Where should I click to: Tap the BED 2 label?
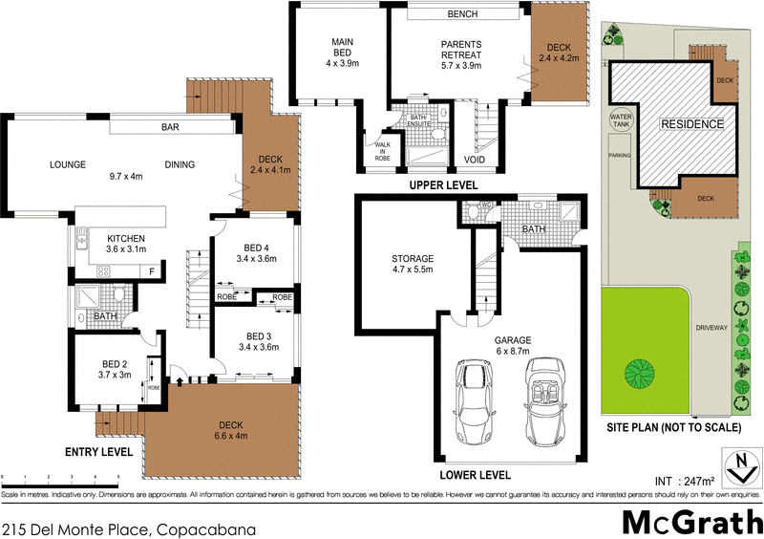click(x=115, y=362)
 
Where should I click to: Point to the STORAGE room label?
click(x=413, y=259)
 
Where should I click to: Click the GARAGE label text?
click(x=513, y=339)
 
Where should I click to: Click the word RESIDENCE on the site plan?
click(x=691, y=125)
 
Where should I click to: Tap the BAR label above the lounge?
click(x=171, y=127)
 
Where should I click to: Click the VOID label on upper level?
click(x=475, y=160)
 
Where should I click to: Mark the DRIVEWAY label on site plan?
click(x=712, y=328)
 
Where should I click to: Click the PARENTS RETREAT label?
click(x=460, y=49)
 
